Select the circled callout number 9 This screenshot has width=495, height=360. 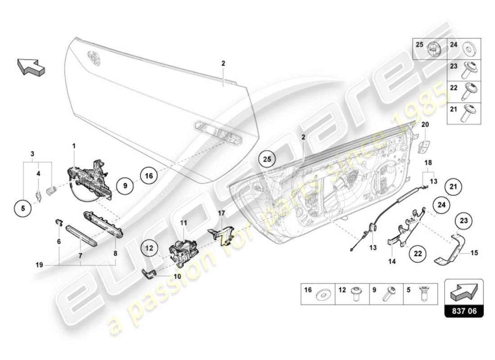point(126,184)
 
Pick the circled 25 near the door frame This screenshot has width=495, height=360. point(267,159)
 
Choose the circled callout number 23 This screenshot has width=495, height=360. point(463,220)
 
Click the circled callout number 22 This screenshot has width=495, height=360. point(418,253)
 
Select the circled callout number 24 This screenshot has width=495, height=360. point(442,205)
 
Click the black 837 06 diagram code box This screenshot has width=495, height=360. point(464,310)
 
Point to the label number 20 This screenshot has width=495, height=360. point(425,124)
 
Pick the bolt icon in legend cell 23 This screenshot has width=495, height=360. point(475,68)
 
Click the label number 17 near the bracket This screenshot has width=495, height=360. point(221,213)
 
